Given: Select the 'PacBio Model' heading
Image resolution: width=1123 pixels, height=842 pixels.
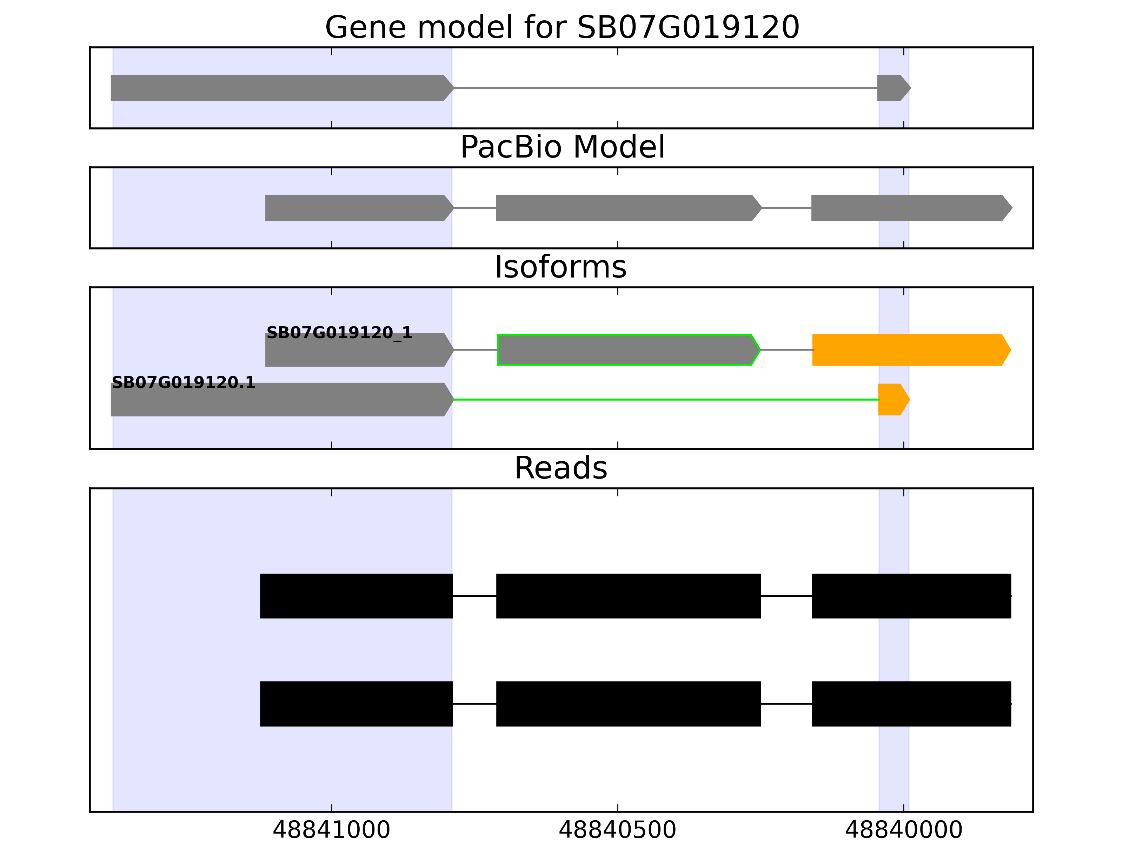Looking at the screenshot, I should (562, 147).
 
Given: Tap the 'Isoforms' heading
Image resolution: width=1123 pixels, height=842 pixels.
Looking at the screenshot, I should (560, 267).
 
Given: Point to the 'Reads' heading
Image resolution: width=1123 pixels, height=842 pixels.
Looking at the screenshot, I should (560, 468).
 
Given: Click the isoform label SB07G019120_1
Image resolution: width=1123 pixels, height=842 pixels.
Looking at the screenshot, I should (339, 333).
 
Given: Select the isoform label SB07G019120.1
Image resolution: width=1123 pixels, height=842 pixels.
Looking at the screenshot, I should (183, 383).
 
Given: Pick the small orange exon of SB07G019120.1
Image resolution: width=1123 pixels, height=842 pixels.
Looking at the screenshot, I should (892, 400).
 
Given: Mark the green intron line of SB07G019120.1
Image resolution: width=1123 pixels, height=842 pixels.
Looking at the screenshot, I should (665, 400).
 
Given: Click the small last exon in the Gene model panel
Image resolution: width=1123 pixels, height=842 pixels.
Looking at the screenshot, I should (892, 88).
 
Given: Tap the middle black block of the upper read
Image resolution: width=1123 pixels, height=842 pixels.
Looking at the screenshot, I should (628, 596).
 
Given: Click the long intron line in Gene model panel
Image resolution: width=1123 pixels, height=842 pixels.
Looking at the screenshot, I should (665, 88).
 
